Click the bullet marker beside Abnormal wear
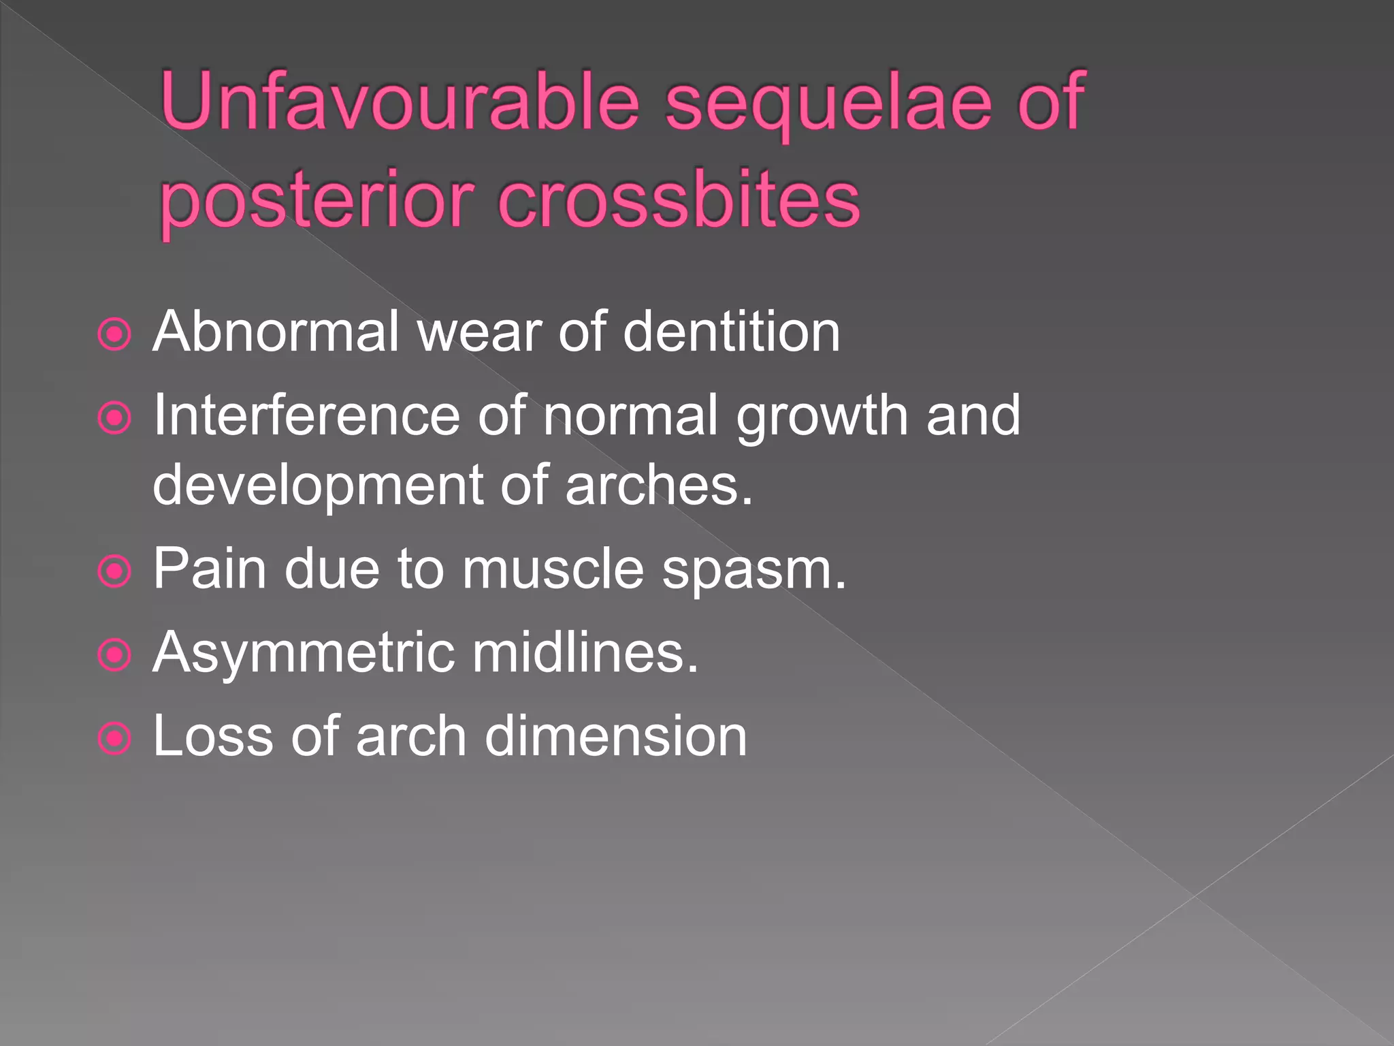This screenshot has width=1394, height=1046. pyautogui.click(x=114, y=334)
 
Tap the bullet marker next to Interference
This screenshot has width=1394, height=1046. pyautogui.click(x=114, y=418)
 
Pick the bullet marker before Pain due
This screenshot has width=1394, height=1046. pyautogui.click(x=114, y=571)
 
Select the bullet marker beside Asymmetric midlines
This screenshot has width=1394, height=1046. pyautogui.click(x=114, y=655)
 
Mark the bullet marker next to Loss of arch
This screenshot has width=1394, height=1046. pyautogui.click(x=114, y=739)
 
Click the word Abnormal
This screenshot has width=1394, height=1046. pyautogui.click(x=276, y=332)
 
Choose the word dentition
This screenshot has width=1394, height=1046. pyautogui.click(x=732, y=332)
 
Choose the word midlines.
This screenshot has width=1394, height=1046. pyautogui.click(x=585, y=652)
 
